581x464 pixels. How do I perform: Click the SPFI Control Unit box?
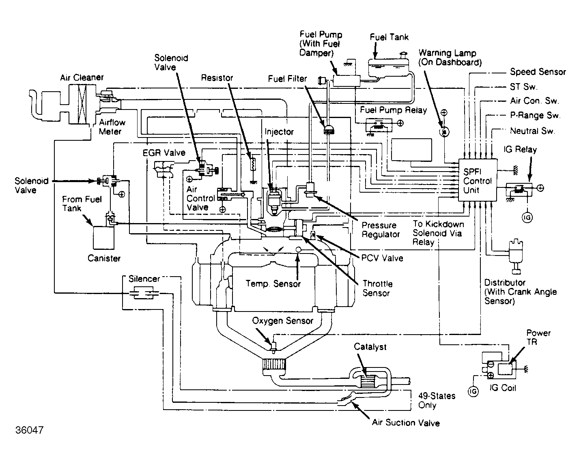478,180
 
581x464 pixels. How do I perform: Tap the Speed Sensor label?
538,72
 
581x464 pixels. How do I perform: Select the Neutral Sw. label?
532,131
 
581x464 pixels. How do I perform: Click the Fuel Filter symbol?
328,130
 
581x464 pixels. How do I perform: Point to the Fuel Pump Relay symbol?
379,126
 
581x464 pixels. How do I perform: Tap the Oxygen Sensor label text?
283,321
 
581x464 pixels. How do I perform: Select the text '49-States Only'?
436,400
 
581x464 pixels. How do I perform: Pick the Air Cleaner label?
82,77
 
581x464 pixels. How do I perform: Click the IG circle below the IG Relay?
527,218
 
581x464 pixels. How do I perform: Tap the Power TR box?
506,369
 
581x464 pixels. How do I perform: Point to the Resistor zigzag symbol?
252,164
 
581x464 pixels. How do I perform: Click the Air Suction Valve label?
406,423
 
